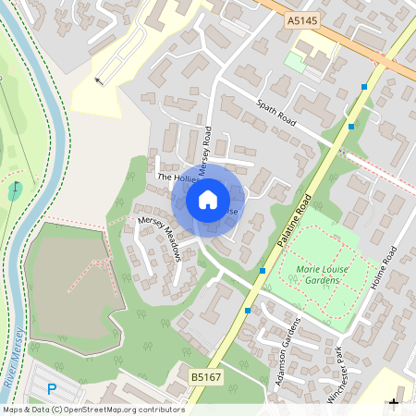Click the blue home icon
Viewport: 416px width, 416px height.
(208, 199)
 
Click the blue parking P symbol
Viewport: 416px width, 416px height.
(52, 389)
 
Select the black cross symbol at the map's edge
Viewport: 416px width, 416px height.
(395, 403)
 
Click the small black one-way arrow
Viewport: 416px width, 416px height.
(99, 80)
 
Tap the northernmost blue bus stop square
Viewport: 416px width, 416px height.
(365, 87)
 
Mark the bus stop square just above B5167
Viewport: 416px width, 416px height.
(247, 311)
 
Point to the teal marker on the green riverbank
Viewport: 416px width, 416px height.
(15, 191)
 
